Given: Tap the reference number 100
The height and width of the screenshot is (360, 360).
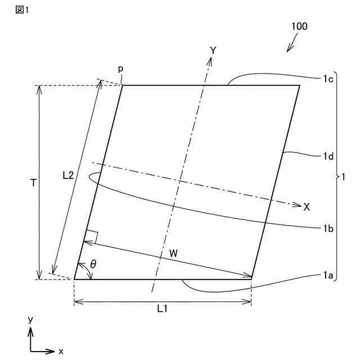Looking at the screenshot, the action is pyautogui.click(x=299, y=26).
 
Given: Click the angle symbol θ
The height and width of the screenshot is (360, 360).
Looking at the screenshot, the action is pyautogui.click(x=93, y=264).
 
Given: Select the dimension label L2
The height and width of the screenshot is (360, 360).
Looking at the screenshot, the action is pyautogui.click(x=67, y=175).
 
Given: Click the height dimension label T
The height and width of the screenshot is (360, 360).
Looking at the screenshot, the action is pyautogui.click(x=34, y=183).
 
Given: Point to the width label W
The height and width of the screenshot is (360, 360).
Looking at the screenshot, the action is pyautogui.click(x=174, y=254).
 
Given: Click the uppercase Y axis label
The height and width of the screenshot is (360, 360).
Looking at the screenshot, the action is pyautogui.click(x=213, y=51).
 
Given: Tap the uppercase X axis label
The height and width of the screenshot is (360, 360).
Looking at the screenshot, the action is pyautogui.click(x=307, y=207).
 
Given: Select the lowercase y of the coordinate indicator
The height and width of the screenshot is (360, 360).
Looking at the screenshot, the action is pyautogui.click(x=31, y=319).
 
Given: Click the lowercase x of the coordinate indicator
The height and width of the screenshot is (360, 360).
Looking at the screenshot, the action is pyautogui.click(x=61, y=352).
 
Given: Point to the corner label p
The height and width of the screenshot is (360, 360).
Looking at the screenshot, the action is pyautogui.click(x=120, y=69).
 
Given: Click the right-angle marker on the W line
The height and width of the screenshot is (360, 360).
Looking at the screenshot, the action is pyautogui.click(x=92, y=237).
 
